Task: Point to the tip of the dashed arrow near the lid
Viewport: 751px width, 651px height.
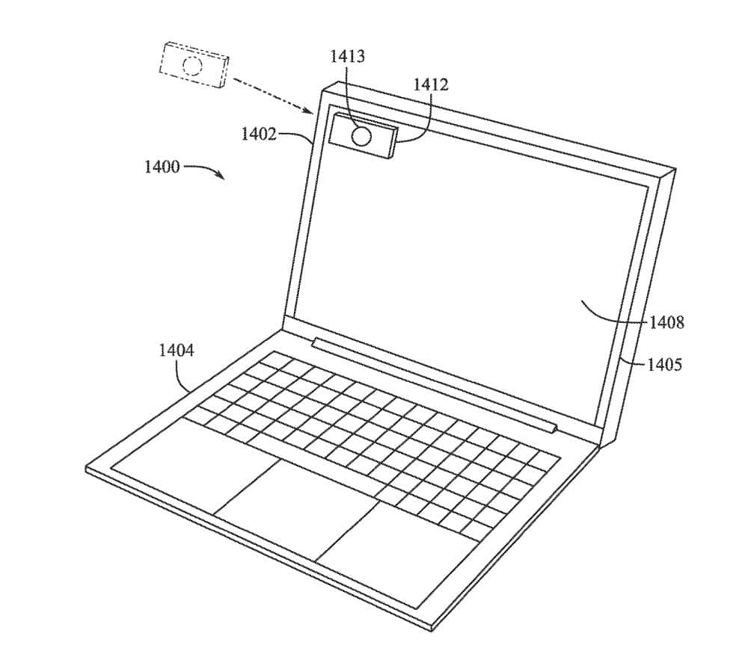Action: click(313, 114)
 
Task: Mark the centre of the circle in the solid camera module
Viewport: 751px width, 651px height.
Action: click(361, 137)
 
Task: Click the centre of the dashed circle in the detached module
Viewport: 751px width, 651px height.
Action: click(192, 66)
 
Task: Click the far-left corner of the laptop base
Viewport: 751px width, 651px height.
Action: click(86, 468)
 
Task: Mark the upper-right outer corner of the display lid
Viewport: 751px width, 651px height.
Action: click(675, 168)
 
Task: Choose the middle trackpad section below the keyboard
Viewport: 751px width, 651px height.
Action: click(295, 510)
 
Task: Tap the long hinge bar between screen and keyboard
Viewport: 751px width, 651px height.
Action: click(435, 383)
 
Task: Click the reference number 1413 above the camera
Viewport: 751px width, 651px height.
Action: click(347, 57)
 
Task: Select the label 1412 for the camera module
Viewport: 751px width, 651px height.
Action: click(431, 84)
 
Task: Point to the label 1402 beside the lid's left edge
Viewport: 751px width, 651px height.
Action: click(259, 134)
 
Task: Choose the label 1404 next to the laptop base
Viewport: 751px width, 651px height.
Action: click(177, 351)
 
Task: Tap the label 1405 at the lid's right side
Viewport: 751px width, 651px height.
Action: click(665, 365)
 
